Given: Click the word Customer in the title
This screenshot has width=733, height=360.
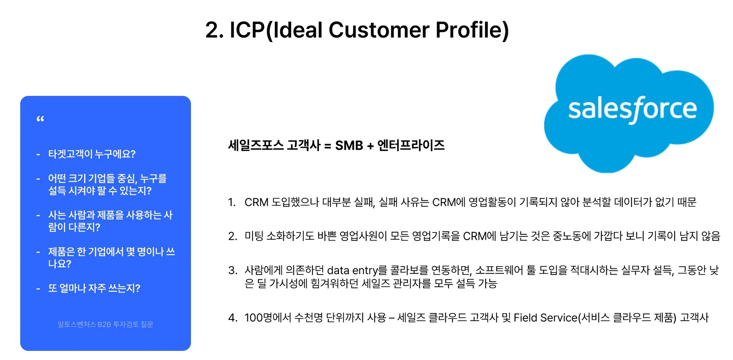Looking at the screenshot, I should coord(379,30).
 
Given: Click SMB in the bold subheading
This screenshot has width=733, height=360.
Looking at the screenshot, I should coord(349,145).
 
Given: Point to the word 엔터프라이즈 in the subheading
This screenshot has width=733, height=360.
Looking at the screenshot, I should coord(411,145).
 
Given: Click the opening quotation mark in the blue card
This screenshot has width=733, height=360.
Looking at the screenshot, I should coord(40,119).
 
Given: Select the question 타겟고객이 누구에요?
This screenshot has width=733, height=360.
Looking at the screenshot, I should coord(92,154).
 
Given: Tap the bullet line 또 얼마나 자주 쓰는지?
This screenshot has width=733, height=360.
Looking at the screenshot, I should coord(94,288).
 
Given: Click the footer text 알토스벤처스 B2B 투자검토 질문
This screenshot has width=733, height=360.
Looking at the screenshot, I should coord(105,324).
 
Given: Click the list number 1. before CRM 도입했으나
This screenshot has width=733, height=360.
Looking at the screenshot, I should coord(232,202).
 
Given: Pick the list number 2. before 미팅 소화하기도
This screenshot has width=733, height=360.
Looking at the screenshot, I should coord(233,236).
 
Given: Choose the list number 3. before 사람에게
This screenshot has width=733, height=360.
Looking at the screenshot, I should coord(233,271).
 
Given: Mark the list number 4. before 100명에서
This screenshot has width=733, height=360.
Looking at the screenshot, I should coord(233,318).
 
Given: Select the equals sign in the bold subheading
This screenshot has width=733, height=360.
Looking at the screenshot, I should coord(328,146).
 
